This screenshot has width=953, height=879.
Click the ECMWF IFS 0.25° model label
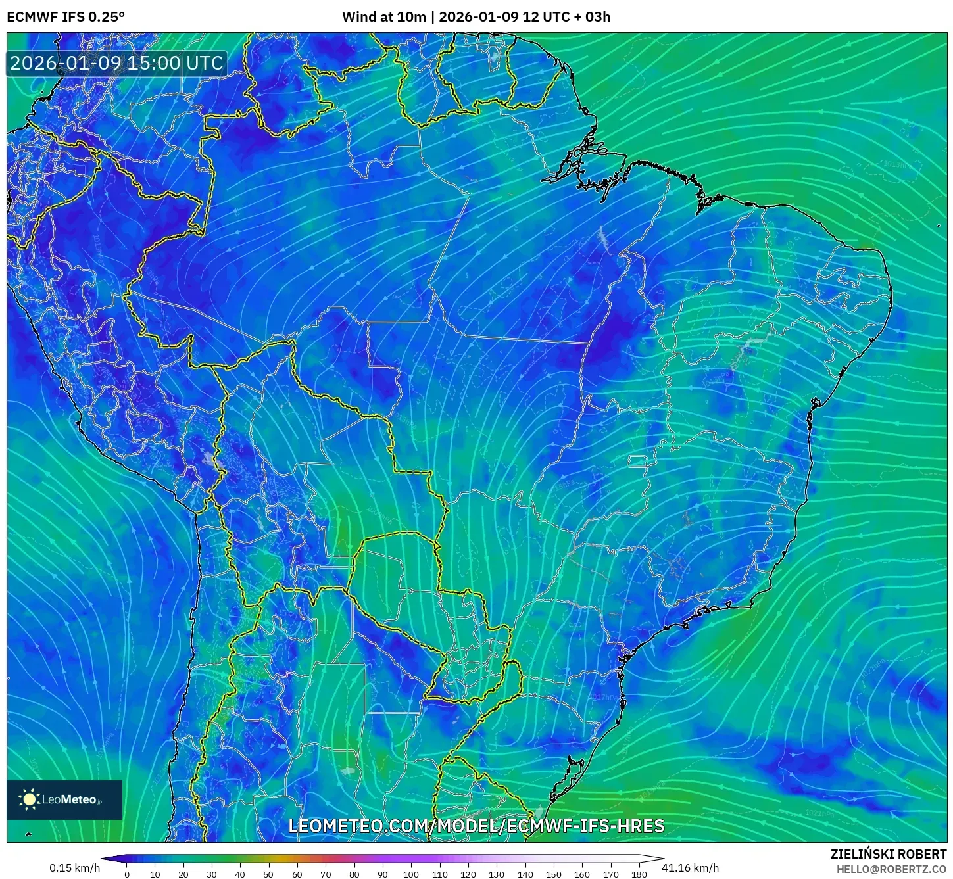(x=66, y=17)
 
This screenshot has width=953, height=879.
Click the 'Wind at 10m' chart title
(x=383, y=17)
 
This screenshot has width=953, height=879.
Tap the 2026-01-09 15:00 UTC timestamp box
(x=116, y=63)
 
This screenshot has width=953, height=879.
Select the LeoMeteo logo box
(x=64, y=799)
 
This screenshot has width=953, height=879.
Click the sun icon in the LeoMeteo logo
(x=29, y=799)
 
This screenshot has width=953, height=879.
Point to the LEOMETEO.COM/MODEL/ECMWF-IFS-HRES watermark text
(x=476, y=826)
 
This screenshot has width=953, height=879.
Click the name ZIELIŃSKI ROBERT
(x=889, y=855)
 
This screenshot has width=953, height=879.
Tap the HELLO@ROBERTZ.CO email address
(x=891, y=869)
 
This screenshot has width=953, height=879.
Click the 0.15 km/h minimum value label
(x=74, y=868)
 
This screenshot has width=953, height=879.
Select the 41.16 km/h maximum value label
(x=690, y=868)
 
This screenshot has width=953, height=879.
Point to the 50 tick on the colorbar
(x=268, y=874)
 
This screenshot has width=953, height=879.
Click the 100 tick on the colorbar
(x=411, y=874)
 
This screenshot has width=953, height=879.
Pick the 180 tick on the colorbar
(x=639, y=874)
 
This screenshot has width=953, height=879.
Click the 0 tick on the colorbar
(x=127, y=874)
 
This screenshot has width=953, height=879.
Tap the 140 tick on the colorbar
(x=525, y=874)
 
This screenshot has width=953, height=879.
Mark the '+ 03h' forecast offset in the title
(x=592, y=17)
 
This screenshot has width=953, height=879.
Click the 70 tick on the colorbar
(x=326, y=874)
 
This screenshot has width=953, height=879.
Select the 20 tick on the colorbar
(x=183, y=874)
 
